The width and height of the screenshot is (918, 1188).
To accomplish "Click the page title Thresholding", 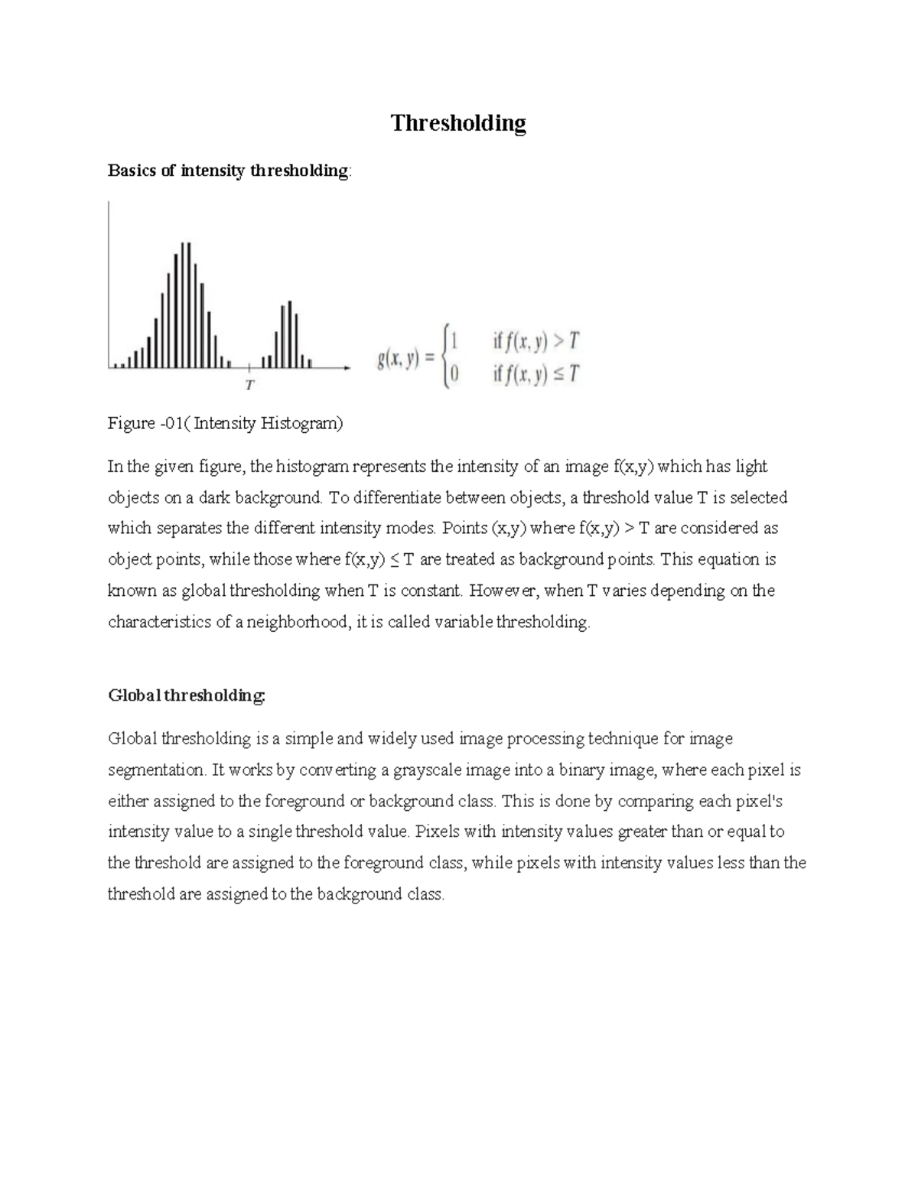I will click(458, 123).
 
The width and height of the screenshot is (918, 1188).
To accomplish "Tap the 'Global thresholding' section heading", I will click(187, 695).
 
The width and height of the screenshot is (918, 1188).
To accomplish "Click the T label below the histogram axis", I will click(249, 386).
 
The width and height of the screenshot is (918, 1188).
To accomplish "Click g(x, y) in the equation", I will click(399, 359).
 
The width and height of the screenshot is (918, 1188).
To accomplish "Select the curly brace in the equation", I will click(445, 356).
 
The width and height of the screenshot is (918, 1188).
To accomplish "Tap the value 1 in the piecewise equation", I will click(455, 341).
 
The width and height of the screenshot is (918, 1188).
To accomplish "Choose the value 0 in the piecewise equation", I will click(455, 374).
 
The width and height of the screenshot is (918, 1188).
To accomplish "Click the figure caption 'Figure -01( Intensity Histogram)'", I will click(226, 424).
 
